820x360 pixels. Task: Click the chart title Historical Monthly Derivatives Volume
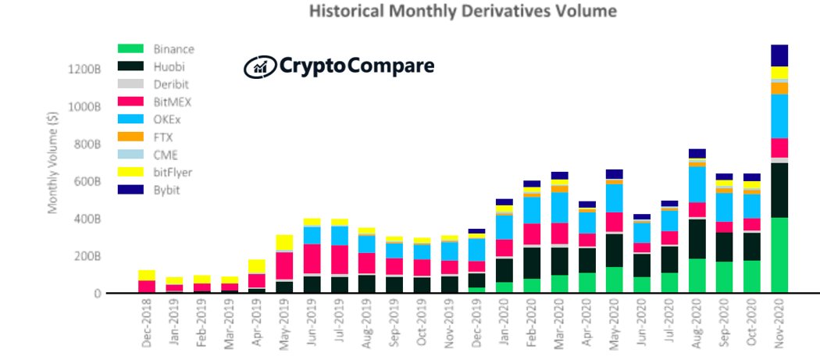tap(463, 11)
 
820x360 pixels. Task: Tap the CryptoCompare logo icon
tap(258, 67)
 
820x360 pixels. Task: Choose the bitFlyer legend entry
tap(170, 172)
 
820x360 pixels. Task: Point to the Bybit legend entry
tap(165, 190)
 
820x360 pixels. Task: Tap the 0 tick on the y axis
tap(98, 294)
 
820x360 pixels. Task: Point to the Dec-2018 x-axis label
tap(147, 326)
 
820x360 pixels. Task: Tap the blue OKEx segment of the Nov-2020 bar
tap(779, 116)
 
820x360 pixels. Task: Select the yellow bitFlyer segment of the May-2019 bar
tap(284, 243)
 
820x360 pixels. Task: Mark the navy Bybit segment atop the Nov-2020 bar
tap(779, 55)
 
